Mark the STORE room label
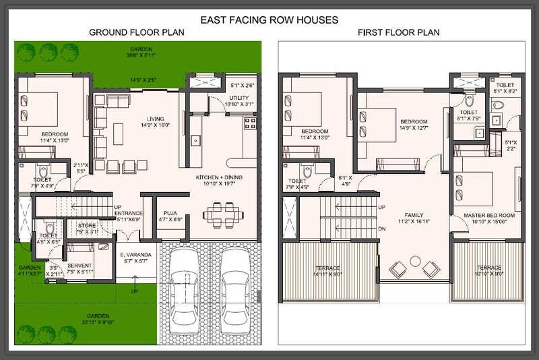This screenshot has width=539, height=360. (x=86, y=225)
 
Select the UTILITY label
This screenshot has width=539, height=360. (x=232, y=97)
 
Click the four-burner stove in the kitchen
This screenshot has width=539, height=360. (x=250, y=123)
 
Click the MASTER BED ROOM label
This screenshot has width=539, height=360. (x=489, y=215)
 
